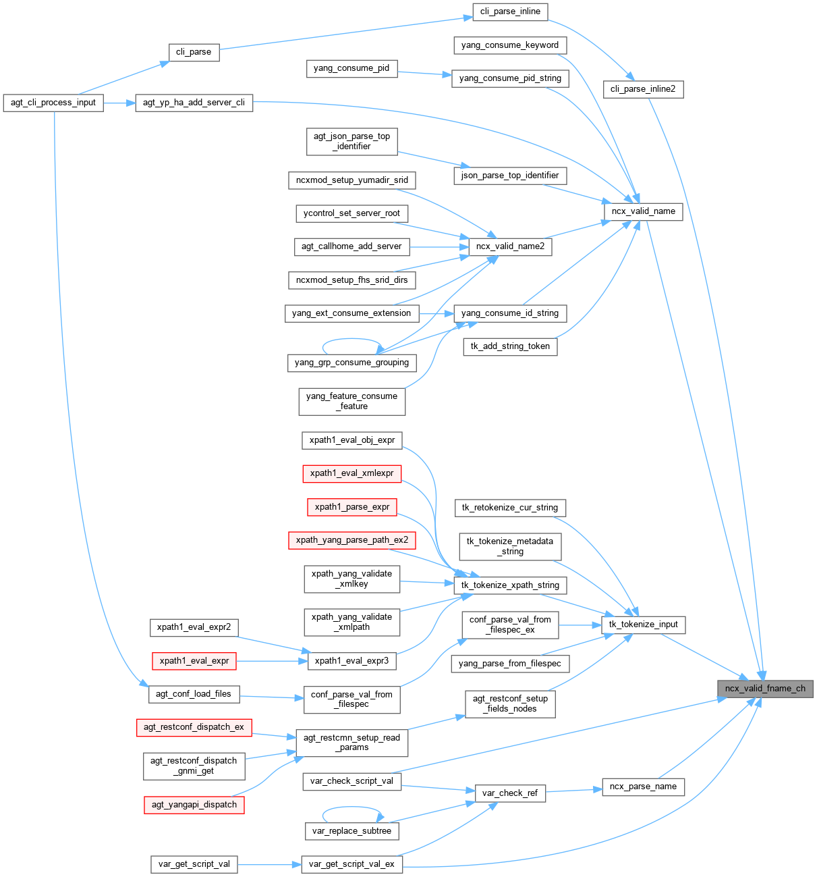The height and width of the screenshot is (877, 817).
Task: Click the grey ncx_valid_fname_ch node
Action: pos(765,689)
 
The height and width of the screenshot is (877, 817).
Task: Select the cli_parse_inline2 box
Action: pos(643,89)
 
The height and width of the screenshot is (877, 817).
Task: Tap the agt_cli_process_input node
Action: pos(53,103)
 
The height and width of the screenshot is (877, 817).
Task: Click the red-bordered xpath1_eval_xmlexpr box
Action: pos(352,473)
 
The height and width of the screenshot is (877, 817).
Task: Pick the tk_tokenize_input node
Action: pos(643,624)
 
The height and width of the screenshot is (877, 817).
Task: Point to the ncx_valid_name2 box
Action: pos(510,246)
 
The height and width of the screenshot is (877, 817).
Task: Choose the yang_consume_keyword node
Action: pos(510,45)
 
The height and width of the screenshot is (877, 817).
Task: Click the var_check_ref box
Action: pos(510,793)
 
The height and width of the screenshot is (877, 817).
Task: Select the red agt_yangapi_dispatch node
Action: pos(194,805)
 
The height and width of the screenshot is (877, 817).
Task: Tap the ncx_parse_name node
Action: pos(643,787)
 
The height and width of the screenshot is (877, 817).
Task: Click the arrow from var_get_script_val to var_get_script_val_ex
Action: pos(269,864)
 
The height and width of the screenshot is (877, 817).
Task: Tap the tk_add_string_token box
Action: pos(510,346)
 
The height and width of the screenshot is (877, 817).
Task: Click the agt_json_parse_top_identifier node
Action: pos(352,141)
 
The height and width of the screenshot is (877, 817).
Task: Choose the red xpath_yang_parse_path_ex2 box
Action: pos(352,540)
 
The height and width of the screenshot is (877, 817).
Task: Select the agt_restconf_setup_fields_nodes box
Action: pos(510,703)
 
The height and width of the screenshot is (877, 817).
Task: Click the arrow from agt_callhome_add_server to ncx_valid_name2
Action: pos(439,246)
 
